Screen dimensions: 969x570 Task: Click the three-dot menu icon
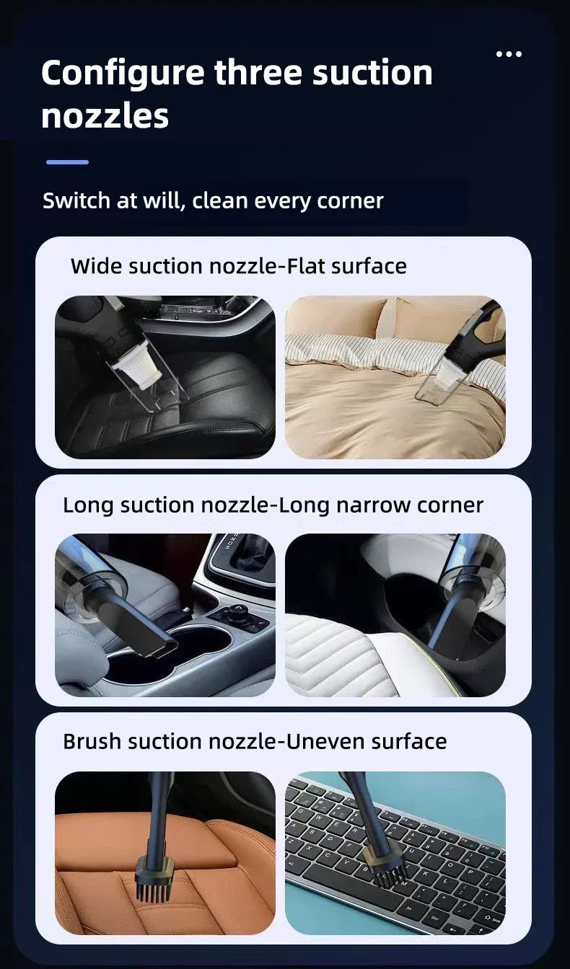coord(509,54)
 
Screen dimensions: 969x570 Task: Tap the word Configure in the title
coord(122,74)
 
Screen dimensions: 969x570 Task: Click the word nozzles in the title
coord(105,116)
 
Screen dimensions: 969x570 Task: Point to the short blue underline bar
coord(67,162)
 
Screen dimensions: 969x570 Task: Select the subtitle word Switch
coord(76,200)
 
